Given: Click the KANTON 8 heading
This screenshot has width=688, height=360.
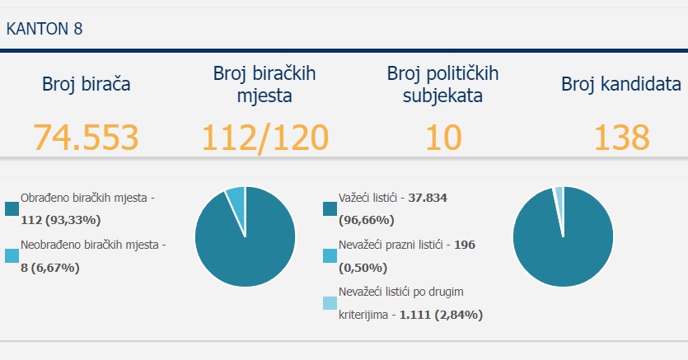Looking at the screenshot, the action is (44, 29).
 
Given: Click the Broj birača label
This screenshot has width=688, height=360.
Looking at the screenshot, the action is (86, 84).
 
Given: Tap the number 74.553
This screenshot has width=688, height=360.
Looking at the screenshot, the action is (86, 138).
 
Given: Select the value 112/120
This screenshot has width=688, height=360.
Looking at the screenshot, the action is (265, 138).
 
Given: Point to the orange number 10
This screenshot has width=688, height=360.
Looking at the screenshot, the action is (443, 138).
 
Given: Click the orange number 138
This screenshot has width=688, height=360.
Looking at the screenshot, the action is (621, 138).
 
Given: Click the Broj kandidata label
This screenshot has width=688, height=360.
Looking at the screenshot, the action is (621, 84).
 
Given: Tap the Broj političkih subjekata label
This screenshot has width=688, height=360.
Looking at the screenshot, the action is (442, 84).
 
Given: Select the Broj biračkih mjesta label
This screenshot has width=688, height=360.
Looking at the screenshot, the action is (264, 84).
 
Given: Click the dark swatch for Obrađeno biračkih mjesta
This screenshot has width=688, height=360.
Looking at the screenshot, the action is (12, 208).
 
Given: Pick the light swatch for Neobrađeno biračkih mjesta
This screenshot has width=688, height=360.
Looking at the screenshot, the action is (12, 255).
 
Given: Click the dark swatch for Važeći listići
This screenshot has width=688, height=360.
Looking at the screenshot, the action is (330, 208).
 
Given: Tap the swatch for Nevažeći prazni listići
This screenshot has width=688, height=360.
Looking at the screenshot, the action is (330, 255).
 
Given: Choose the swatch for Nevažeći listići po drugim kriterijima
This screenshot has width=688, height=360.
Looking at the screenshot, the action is (330, 303).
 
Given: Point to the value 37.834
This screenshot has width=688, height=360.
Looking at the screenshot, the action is (428, 198).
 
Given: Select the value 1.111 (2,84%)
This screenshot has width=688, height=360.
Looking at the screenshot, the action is (441, 315).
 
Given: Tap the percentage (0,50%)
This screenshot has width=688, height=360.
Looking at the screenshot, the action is (363, 268).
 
